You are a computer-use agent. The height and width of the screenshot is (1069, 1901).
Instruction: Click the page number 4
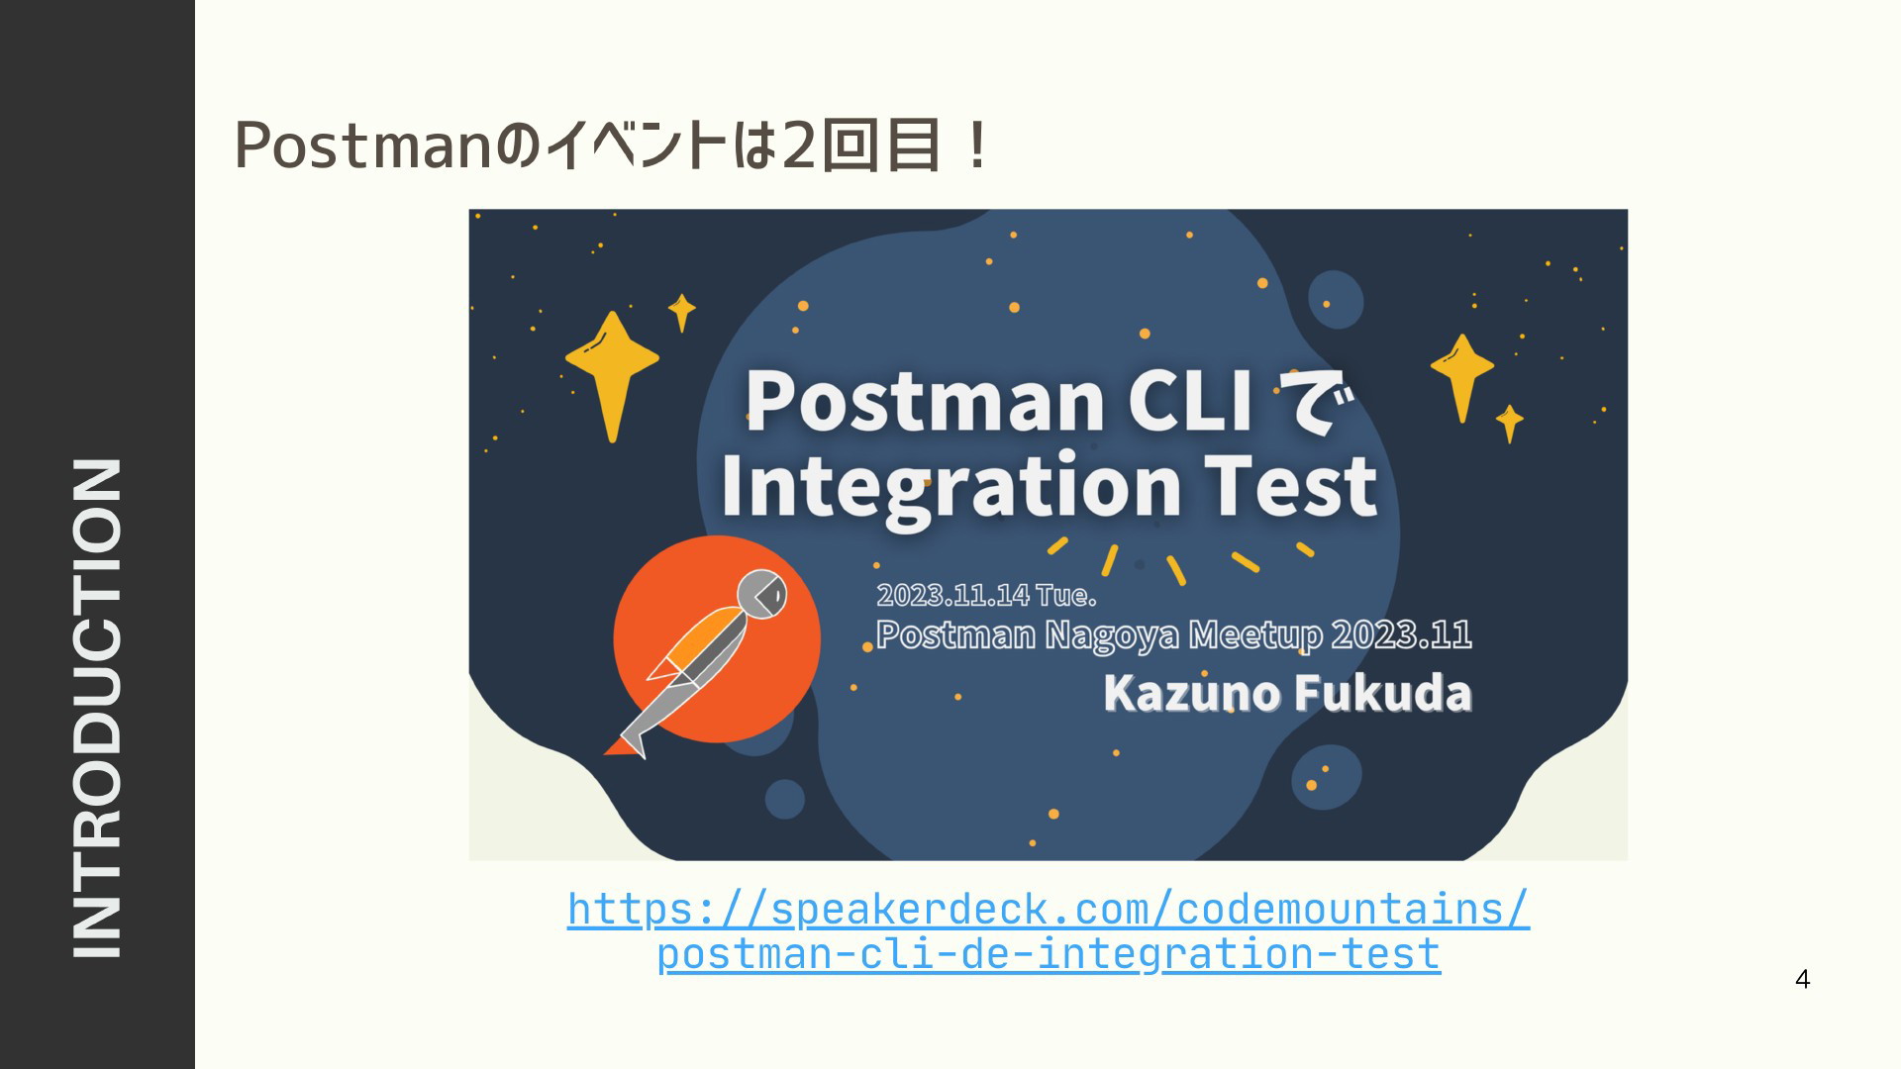1802,979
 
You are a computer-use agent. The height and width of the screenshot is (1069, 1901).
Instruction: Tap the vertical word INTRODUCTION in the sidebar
97,708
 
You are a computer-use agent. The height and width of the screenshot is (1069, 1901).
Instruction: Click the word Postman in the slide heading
362,146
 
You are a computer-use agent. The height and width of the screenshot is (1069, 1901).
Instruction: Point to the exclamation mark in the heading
977,146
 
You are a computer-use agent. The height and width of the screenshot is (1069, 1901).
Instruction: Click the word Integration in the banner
950,485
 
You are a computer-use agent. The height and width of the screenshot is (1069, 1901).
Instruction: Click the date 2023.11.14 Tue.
986,595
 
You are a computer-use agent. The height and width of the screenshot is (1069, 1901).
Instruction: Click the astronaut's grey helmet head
763,594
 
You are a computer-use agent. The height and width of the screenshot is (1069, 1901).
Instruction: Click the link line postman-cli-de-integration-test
1049,954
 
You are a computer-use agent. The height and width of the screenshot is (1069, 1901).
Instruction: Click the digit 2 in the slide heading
798,146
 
